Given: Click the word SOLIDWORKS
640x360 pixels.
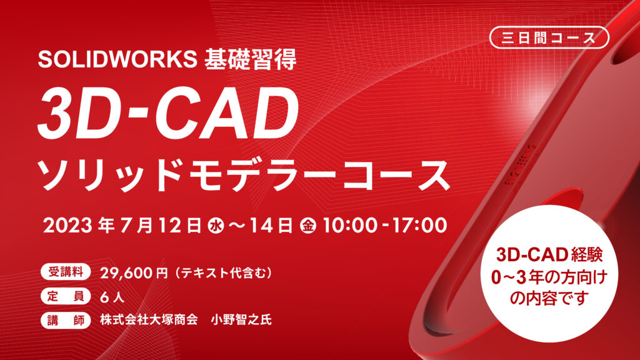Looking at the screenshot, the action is tap(117, 59).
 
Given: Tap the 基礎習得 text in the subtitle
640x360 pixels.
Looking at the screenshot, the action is tap(250, 59).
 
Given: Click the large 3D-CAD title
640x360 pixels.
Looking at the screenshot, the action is tap(168, 113).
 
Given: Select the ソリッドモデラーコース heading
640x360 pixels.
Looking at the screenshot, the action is tap(244, 175).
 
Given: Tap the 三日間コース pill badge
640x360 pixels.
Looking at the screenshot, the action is tap(549, 37).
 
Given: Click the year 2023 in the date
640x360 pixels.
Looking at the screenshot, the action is tap(68, 226).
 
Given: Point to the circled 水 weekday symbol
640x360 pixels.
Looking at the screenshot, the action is tap(216, 226).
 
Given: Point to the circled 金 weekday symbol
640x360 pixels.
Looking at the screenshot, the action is tap(308, 226).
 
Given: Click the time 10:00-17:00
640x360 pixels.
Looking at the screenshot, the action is tap(385, 226).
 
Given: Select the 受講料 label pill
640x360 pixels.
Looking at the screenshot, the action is tap(65, 272).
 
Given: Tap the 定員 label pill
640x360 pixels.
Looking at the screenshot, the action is tap(65, 296).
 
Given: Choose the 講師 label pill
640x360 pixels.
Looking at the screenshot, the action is tap(65, 320).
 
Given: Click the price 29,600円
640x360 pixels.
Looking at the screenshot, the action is tap(134, 272).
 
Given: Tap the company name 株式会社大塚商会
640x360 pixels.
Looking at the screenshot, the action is tap(149, 319).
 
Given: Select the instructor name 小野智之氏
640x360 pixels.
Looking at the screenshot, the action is tap(241, 319).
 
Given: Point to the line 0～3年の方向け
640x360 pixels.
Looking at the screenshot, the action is tap(549, 277).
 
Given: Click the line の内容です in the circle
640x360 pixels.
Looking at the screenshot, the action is tap(549, 298).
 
